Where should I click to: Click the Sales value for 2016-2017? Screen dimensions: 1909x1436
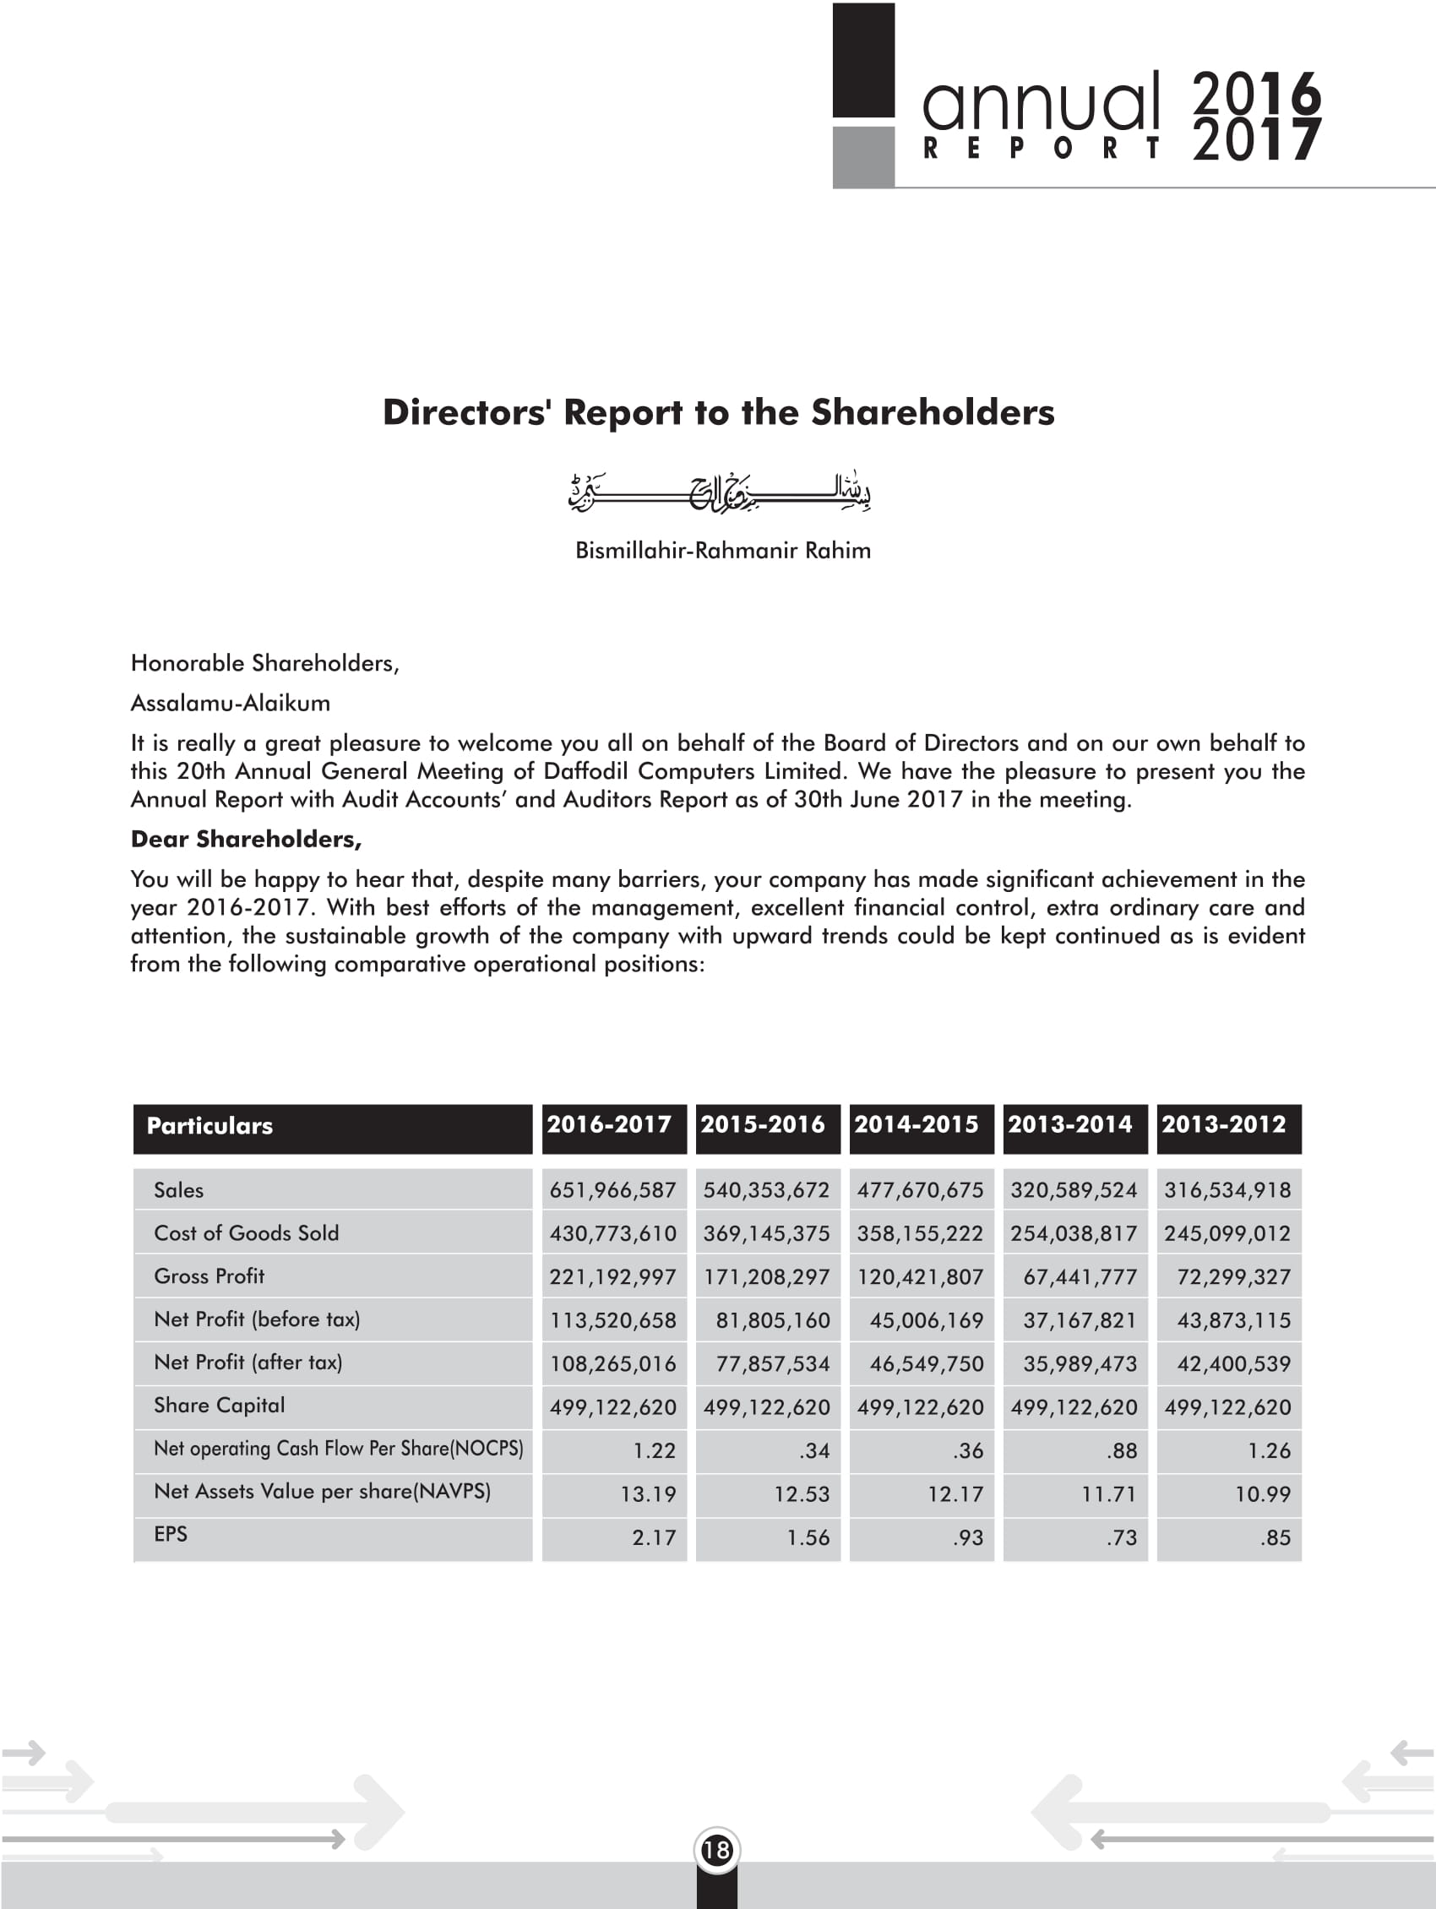pyautogui.click(x=612, y=1190)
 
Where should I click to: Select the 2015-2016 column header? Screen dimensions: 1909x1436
pyautogui.click(x=763, y=1124)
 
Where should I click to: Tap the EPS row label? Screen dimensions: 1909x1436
pyautogui.click(x=171, y=1534)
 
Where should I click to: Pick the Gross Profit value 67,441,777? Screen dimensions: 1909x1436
pyautogui.click(x=1080, y=1276)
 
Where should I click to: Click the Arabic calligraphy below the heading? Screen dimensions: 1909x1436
pyautogui.click(x=720, y=492)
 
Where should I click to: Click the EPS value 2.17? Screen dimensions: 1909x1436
pyautogui.click(x=653, y=1537)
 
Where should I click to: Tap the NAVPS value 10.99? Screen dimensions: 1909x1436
pyautogui.click(x=1263, y=1494)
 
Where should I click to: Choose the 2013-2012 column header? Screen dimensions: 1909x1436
pyautogui.click(x=1224, y=1124)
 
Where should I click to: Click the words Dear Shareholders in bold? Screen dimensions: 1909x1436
pyautogui.click(x=246, y=839)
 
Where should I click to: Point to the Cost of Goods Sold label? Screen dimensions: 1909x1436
pyautogui.click(x=246, y=1233)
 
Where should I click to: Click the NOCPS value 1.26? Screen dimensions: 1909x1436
pyautogui.click(x=1269, y=1450)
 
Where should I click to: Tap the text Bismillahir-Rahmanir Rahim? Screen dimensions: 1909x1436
pyautogui.click(x=723, y=551)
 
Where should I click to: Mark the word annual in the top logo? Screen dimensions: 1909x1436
pyautogui.click(x=1041, y=103)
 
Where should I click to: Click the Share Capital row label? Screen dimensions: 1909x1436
pyautogui.click(x=219, y=1405)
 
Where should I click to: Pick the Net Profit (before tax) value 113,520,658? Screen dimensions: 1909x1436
pyautogui.click(x=612, y=1320)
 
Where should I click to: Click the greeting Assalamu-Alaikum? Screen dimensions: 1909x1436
pyautogui.click(x=231, y=703)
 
